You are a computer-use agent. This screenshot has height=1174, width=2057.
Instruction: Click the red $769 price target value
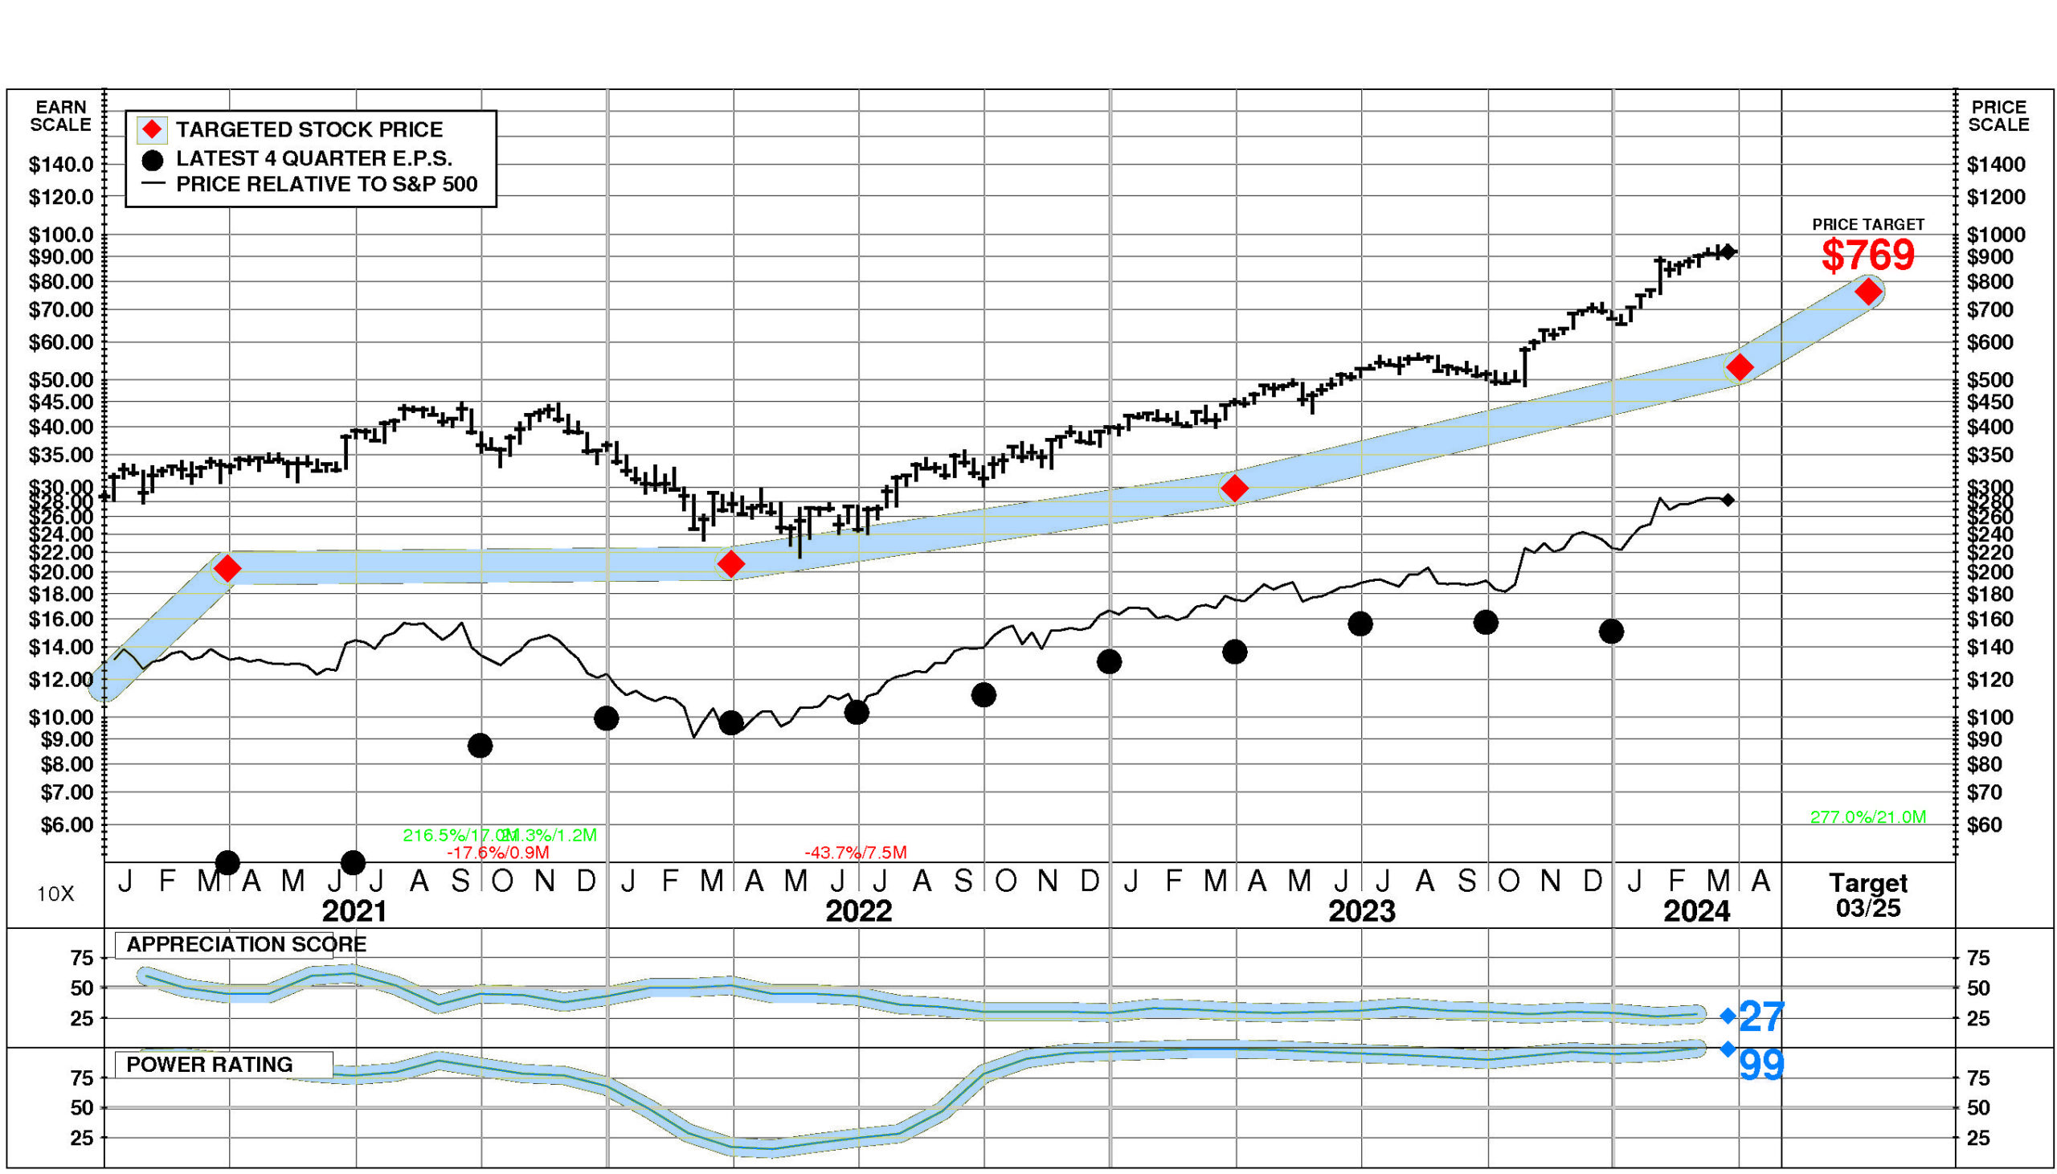(x=1867, y=256)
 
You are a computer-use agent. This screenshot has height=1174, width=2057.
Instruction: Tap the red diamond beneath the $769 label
(x=1867, y=292)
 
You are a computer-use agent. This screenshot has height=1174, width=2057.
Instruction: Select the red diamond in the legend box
(x=153, y=130)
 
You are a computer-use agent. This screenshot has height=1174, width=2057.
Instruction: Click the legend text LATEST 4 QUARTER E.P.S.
(x=313, y=158)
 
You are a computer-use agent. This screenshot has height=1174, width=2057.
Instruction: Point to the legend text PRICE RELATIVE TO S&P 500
(x=326, y=185)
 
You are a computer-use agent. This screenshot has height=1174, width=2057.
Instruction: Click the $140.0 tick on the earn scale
(x=61, y=166)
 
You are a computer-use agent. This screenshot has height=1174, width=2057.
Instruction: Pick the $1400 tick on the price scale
(x=1996, y=166)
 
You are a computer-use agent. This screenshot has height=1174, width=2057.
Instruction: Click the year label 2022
(x=858, y=912)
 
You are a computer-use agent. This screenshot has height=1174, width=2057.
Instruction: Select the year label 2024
(x=1697, y=912)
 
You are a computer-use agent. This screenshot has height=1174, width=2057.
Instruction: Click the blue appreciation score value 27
(x=1761, y=1017)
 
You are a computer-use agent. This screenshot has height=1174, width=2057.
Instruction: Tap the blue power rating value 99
(x=1761, y=1066)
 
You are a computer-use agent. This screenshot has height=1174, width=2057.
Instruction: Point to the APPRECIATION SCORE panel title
(x=246, y=944)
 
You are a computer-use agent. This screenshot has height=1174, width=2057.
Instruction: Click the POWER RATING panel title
(x=210, y=1065)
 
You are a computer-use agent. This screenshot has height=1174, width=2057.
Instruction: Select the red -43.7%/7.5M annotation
(x=855, y=853)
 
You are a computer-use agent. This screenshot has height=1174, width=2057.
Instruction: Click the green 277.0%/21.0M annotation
(x=1867, y=816)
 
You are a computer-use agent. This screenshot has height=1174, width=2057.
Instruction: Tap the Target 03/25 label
(x=1867, y=895)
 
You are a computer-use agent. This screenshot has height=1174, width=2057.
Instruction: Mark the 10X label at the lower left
(x=55, y=894)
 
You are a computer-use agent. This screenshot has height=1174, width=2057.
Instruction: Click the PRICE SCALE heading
(x=1998, y=116)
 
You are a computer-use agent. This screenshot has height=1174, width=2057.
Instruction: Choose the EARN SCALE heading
(x=60, y=116)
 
